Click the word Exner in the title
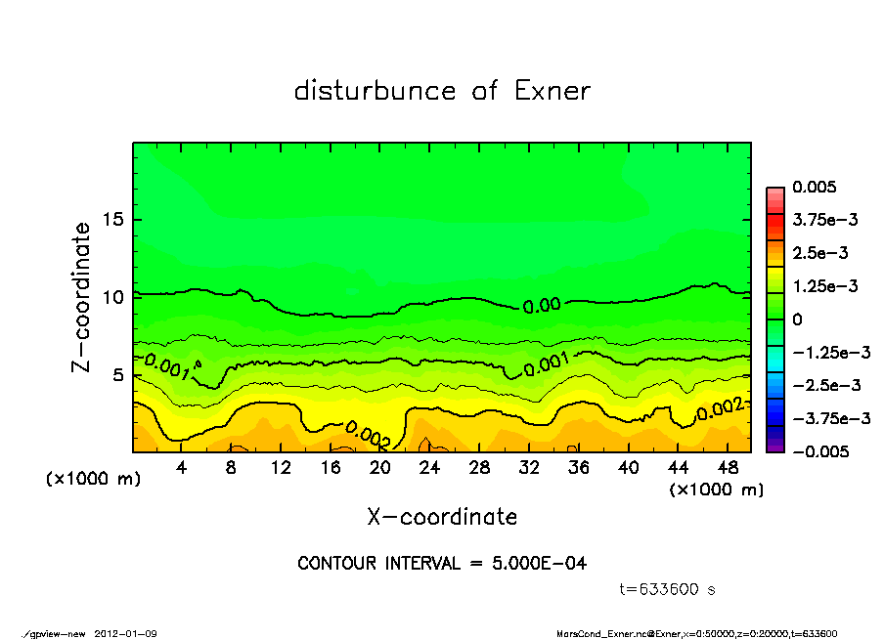(552, 92)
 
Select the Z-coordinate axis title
(82, 296)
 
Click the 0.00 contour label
(541, 306)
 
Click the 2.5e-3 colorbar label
(820, 253)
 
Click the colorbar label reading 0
(797, 319)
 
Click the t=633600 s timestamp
(669, 590)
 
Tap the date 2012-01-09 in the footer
(126, 634)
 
